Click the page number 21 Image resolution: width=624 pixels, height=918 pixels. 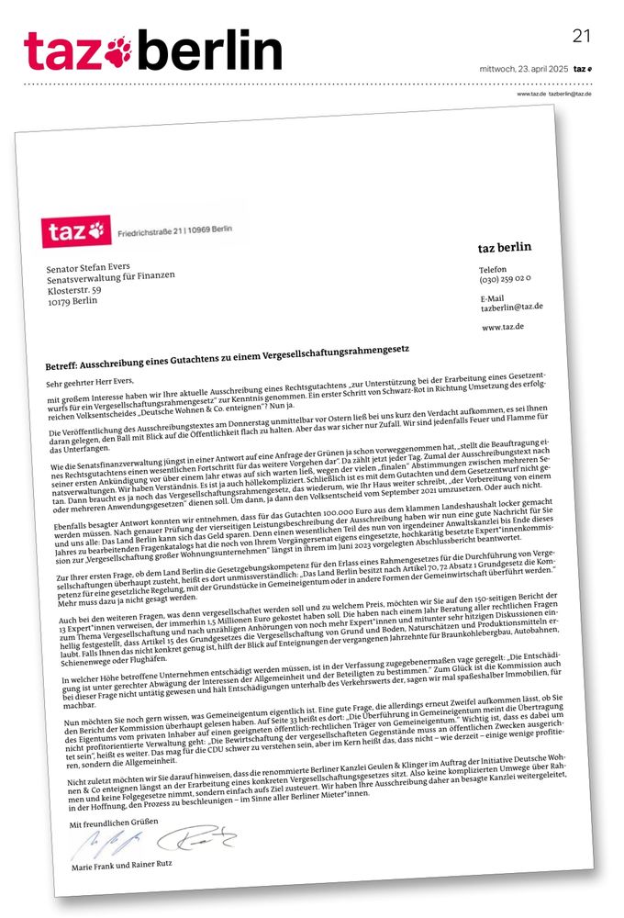(582, 36)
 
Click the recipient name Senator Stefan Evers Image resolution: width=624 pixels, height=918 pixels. (90, 263)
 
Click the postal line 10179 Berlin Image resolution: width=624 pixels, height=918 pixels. (72, 299)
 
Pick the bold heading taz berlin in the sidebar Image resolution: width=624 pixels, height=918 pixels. (504, 248)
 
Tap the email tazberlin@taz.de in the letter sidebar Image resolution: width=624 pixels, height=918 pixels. (511, 307)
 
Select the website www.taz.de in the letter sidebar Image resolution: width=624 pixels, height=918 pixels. (503, 327)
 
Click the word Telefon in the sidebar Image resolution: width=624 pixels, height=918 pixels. (493, 268)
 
